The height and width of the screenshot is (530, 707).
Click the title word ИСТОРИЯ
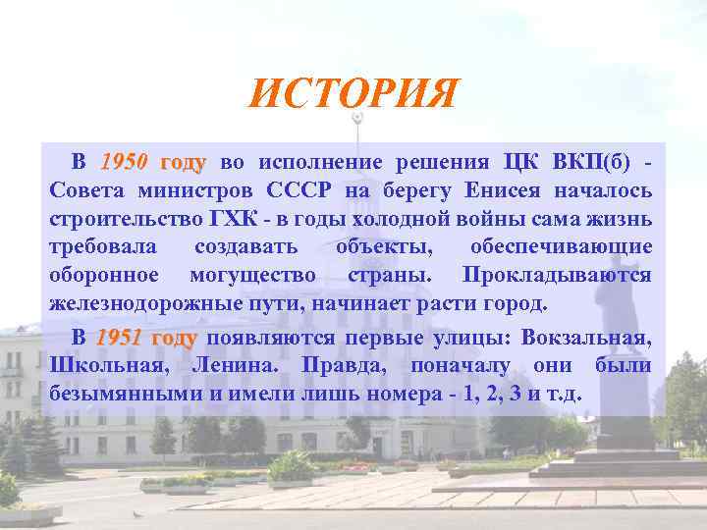pyautogui.click(x=353, y=94)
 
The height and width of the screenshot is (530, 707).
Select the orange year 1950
pyautogui.click(x=124, y=162)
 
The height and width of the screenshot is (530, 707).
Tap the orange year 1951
pyautogui.click(x=123, y=338)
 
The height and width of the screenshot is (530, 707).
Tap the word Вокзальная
pyautogui.click(x=585, y=338)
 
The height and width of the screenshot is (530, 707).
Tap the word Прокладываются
pyautogui.click(x=556, y=274)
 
